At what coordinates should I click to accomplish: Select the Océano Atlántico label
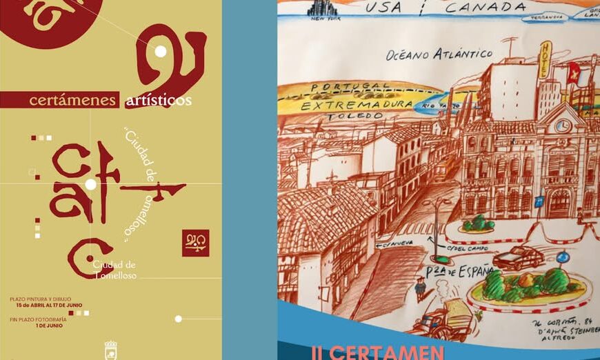[439, 54]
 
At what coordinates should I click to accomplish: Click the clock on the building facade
[562, 126]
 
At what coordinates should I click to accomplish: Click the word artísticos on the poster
[158, 101]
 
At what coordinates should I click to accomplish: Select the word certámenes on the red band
[72, 101]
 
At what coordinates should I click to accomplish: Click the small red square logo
[195, 243]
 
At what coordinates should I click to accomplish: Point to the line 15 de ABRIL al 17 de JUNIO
[50, 305]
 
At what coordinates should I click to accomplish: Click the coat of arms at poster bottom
[110, 349]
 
